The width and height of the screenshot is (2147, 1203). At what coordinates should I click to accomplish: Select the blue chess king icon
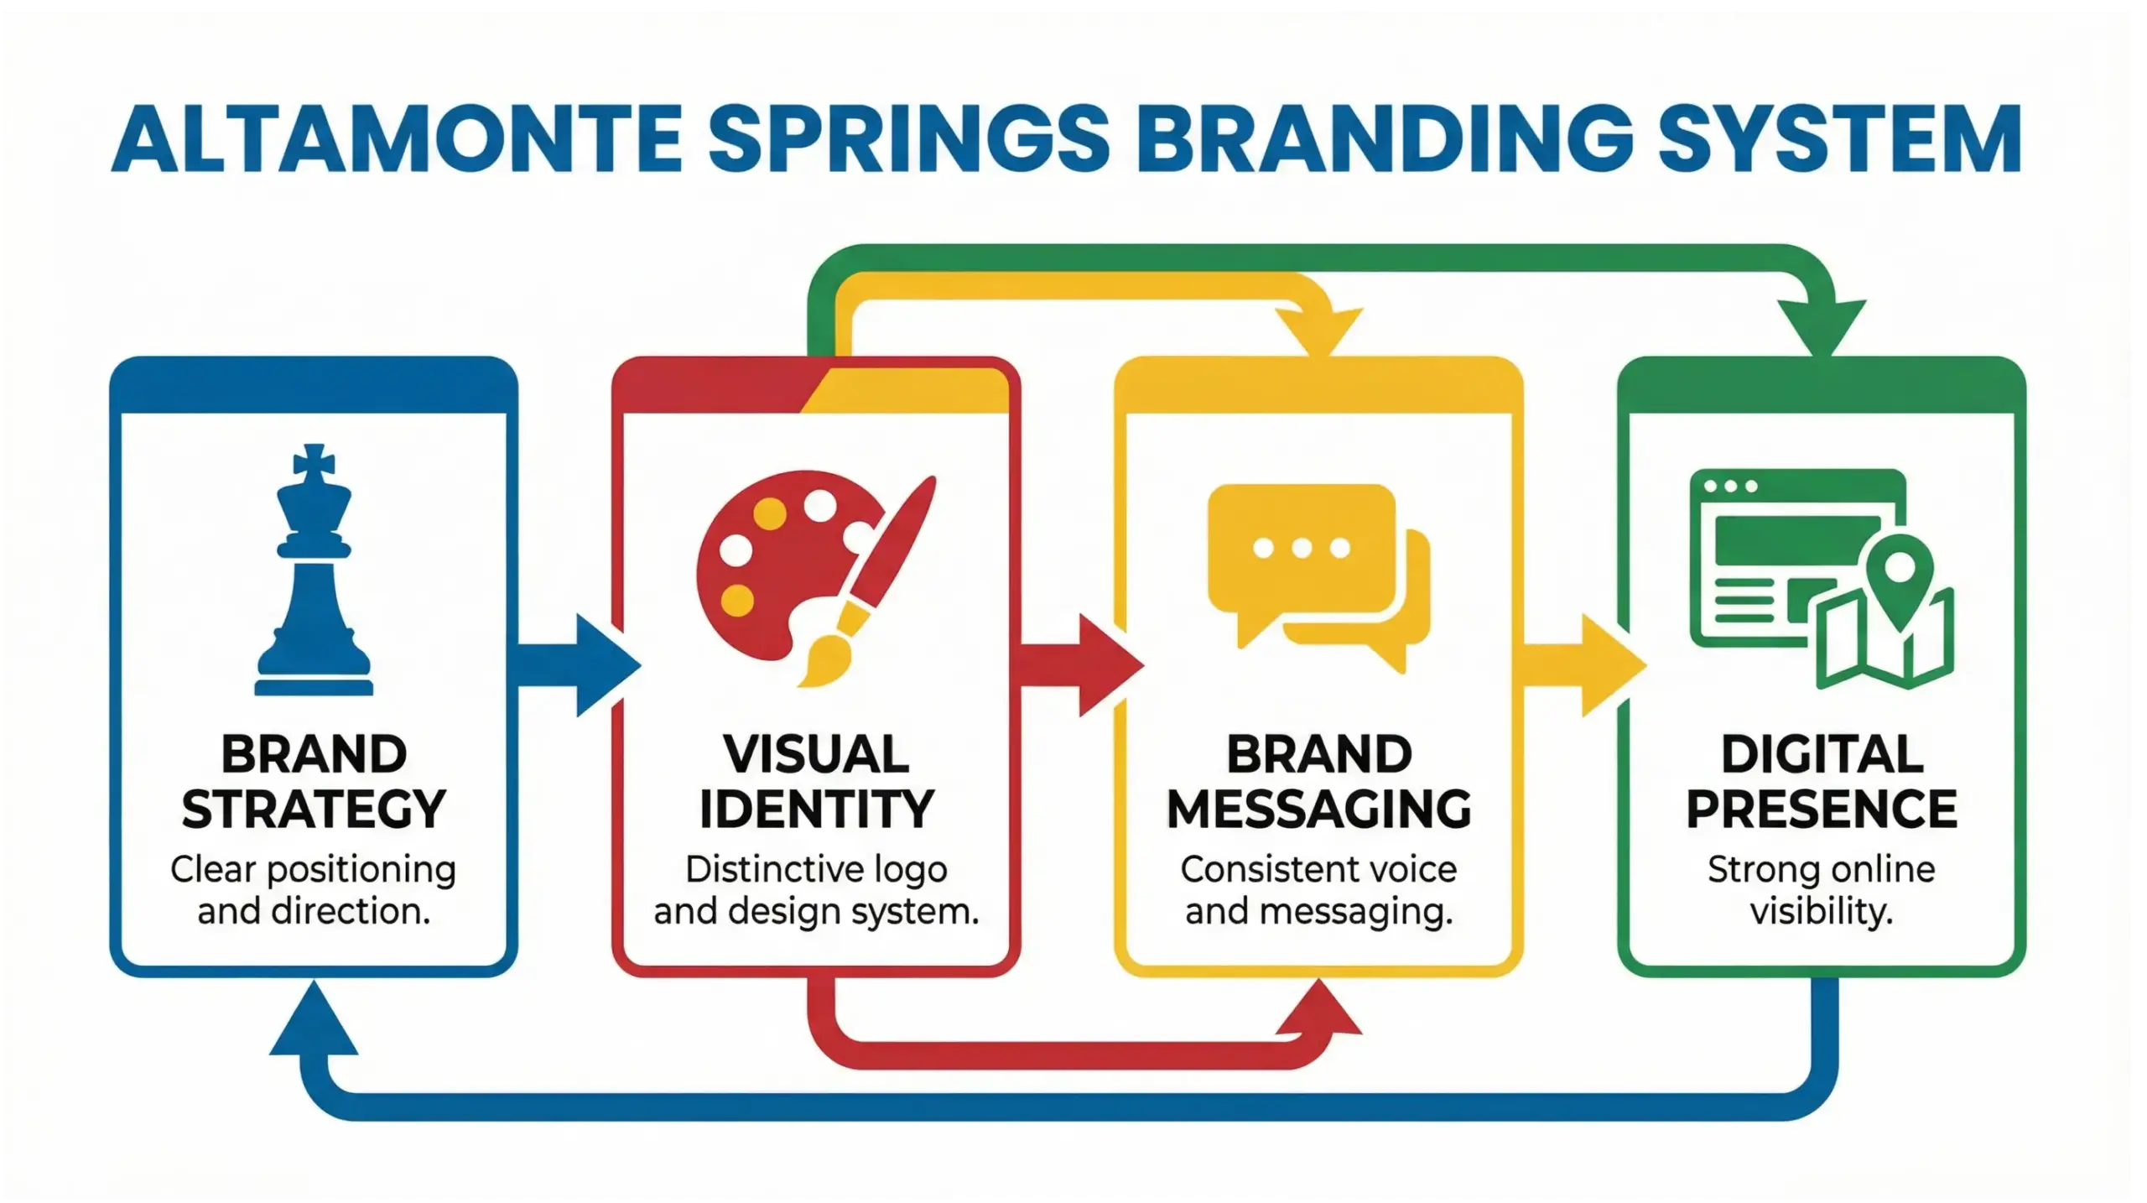coord(314,579)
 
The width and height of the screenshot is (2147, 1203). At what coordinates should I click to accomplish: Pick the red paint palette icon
coord(780,562)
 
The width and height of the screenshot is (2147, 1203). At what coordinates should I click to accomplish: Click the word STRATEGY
coord(314,810)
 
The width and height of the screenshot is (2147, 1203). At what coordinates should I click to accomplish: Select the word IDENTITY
coord(816,810)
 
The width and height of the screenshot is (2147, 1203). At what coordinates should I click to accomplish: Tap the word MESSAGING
coord(1318,810)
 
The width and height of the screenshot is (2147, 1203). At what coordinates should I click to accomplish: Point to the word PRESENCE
coord(1822,810)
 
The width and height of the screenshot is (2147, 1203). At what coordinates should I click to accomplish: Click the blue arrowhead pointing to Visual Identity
coord(606,666)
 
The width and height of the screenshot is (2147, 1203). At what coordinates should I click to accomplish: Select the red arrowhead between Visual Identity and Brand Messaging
coord(1109,666)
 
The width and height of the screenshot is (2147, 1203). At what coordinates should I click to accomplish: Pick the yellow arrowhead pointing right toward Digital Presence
coord(1611,666)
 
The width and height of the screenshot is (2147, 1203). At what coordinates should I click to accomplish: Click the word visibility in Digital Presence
coord(1822,912)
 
